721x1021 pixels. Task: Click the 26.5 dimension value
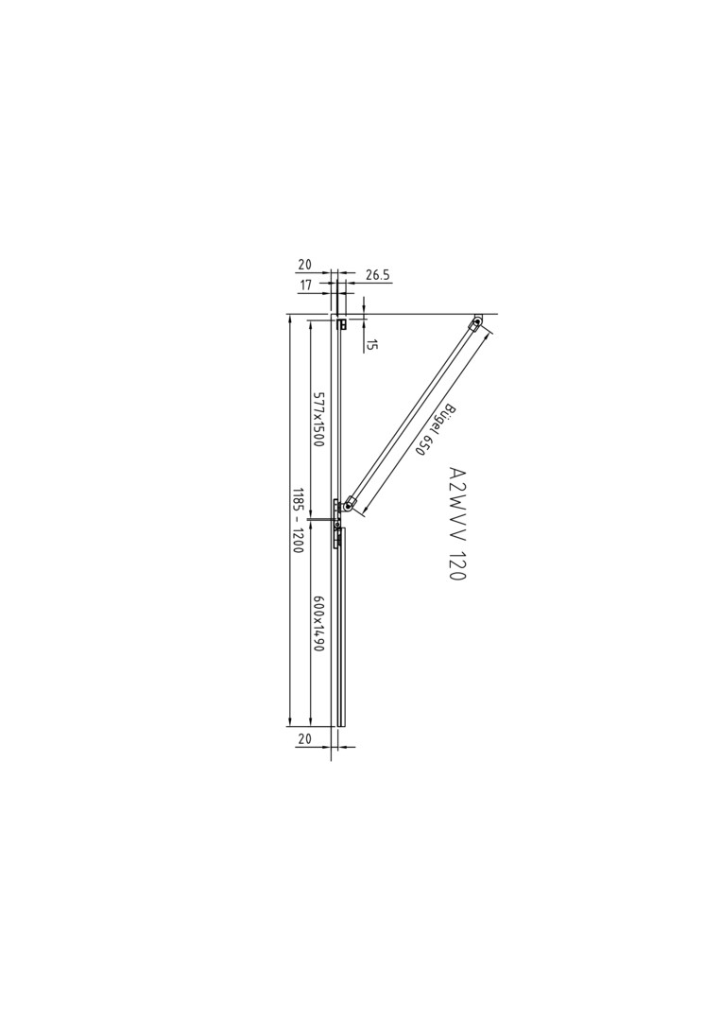[x=377, y=275]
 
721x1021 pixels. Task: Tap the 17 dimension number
[x=306, y=285]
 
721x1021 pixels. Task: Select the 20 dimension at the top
[x=304, y=265]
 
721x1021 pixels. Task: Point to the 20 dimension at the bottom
[x=304, y=739]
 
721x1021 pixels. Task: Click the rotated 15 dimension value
[x=371, y=344]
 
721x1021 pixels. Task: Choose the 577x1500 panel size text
[x=318, y=419]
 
